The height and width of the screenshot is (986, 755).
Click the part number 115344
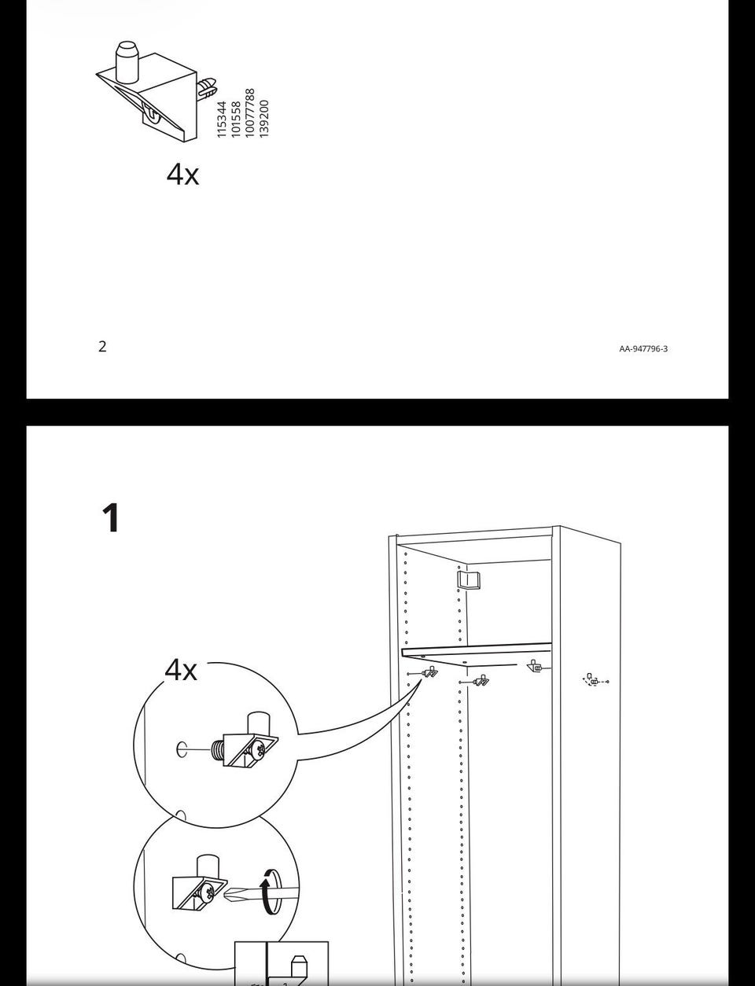coord(221,120)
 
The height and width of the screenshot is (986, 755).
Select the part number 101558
coord(236,120)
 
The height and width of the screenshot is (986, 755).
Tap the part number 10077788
coord(250,113)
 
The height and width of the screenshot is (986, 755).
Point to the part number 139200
coord(264,119)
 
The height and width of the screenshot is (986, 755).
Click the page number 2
coord(102,346)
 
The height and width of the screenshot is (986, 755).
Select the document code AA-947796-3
coord(643,349)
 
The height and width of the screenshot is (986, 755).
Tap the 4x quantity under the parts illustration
coord(182,174)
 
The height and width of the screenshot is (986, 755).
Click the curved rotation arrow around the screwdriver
coord(268,892)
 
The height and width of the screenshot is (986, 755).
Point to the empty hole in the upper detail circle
coord(182,749)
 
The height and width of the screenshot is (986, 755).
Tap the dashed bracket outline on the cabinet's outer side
coord(595,681)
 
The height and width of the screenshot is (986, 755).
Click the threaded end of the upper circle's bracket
coord(217,751)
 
